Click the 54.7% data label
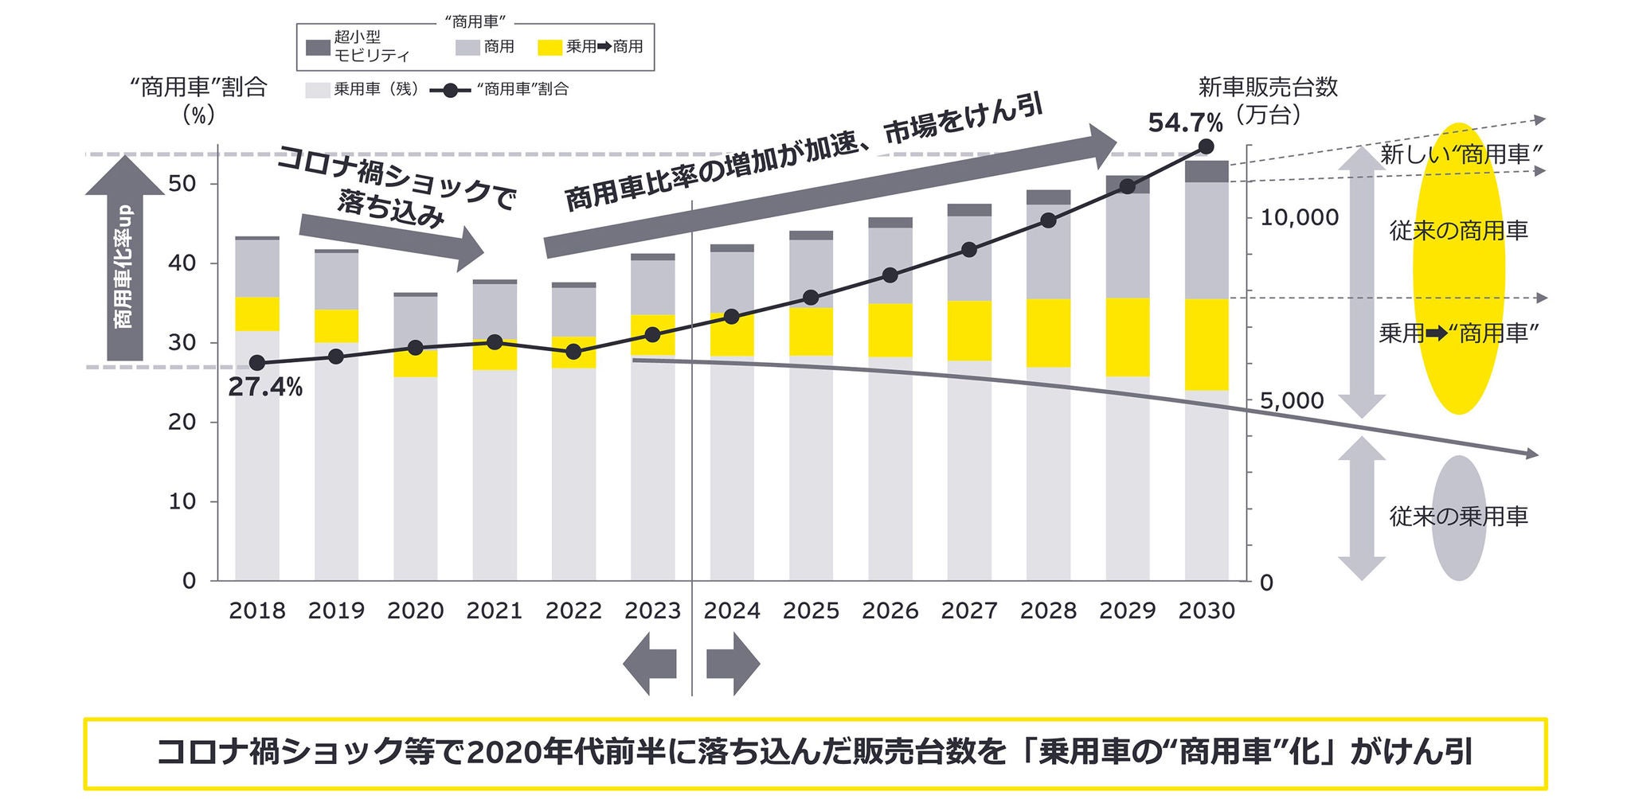1184,123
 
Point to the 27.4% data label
265,388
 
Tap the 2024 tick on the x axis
732,610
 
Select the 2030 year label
1206,610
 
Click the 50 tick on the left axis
182,184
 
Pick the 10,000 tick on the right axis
1299,217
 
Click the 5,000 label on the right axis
1291,400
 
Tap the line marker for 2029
1127,186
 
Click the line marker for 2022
573,351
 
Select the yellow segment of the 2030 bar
1206,344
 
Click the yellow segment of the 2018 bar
257,314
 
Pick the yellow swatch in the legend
550,47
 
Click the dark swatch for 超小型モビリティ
318,47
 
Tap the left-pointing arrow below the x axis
650,663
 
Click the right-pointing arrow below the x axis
733,663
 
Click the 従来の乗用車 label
1458,516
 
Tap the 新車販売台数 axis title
1268,88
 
